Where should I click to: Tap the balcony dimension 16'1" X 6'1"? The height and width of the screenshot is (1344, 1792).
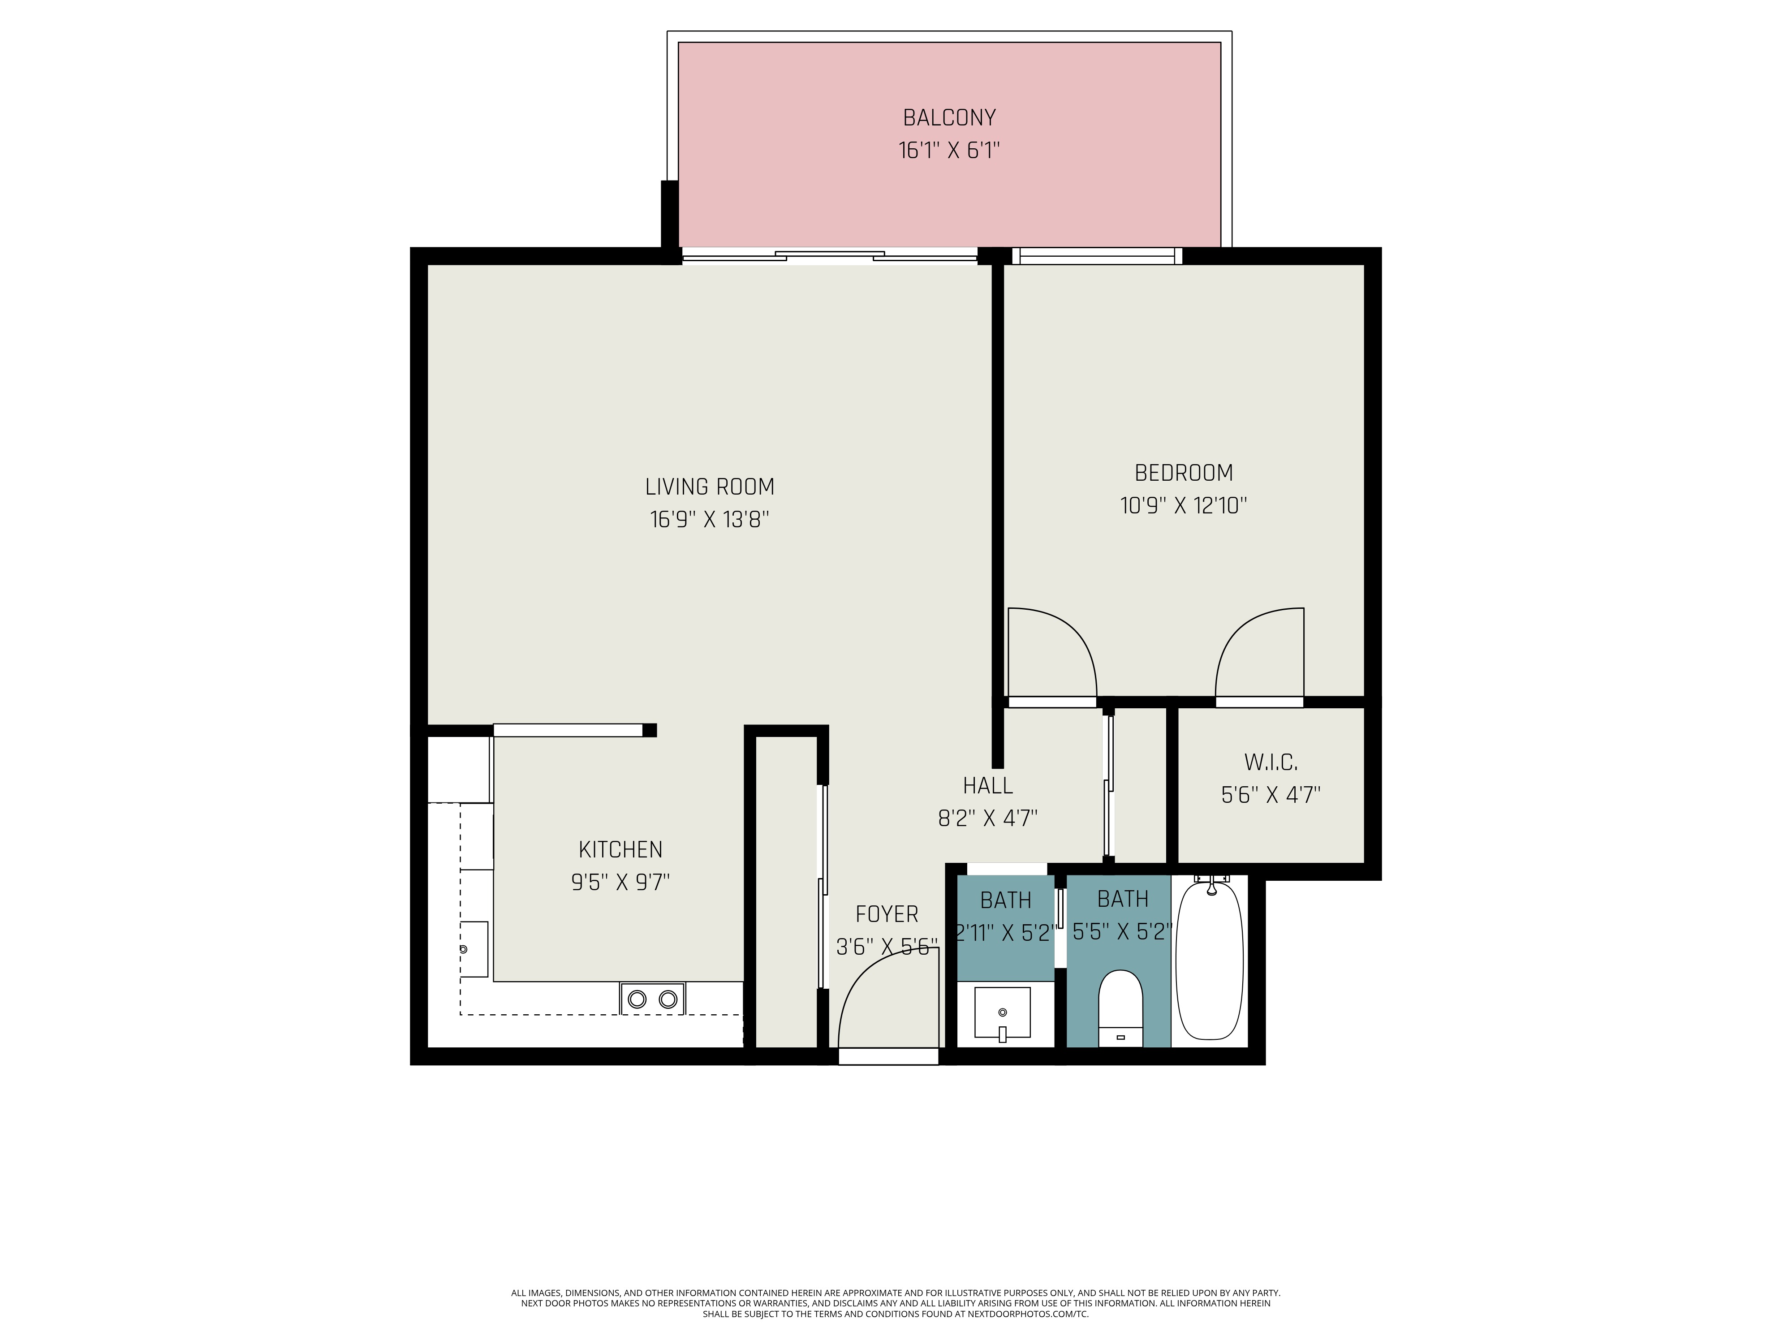[949, 151]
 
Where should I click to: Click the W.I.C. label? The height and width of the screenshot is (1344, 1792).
[1270, 762]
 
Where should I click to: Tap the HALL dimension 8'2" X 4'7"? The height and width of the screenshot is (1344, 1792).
[987, 818]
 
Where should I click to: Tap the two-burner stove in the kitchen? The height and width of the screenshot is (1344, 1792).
[652, 999]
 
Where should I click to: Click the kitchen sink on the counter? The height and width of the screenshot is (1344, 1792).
[474, 949]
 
